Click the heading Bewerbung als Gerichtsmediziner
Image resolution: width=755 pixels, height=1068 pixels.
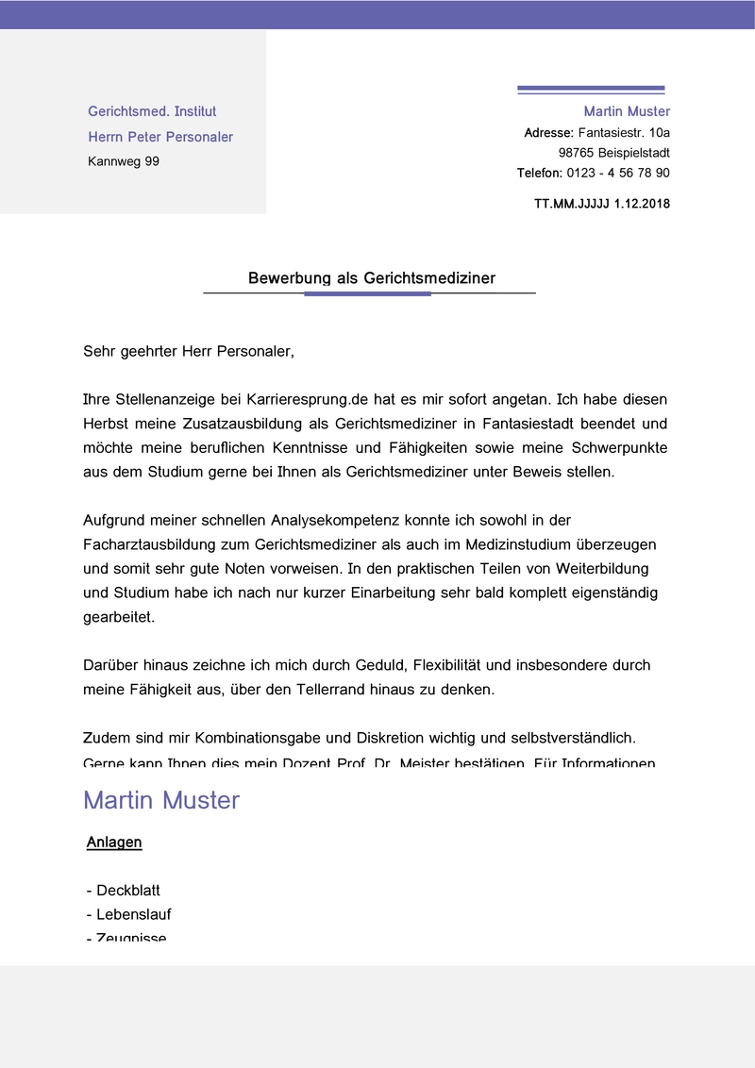click(x=371, y=278)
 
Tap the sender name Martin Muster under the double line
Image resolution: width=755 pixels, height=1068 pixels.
click(x=627, y=111)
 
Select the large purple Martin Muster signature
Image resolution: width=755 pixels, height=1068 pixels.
click(x=161, y=800)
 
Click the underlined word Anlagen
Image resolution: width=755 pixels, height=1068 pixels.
click(x=114, y=843)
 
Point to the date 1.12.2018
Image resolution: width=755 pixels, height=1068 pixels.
click(x=642, y=203)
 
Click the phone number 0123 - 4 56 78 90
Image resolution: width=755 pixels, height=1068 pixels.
click(x=617, y=173)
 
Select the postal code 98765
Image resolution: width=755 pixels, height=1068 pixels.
click(x=576, y=152)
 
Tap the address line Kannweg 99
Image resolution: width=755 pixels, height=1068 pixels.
click(x=124, y=161)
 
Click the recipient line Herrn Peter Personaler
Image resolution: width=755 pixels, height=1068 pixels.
click(x=160, y=137)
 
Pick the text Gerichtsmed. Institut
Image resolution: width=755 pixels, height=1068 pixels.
click(x=152, y=111)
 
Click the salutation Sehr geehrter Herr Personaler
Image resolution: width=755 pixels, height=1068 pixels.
click(x=189, y=352)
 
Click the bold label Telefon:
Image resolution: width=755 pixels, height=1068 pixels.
click(x=539, y=173)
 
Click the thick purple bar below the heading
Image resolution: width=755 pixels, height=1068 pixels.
click(x=367, y=294)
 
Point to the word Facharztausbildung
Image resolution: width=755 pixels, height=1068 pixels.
click(x=152, y=544)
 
